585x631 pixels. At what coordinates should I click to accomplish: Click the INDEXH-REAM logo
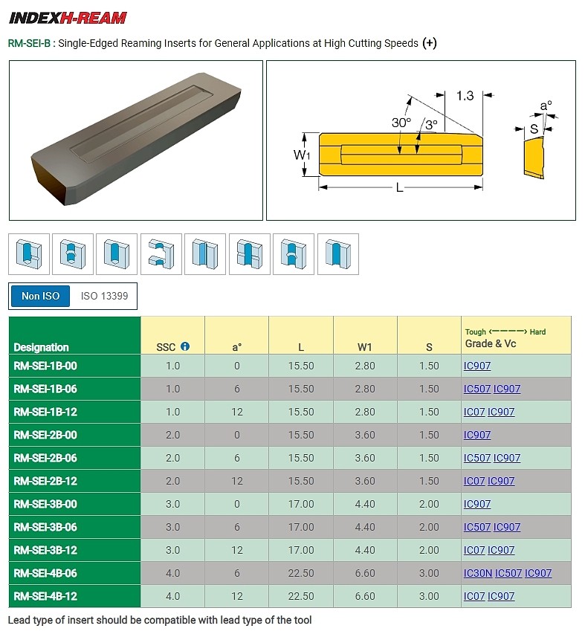[x=68, y=18]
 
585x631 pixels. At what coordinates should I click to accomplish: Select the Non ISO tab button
[x=40, y=296]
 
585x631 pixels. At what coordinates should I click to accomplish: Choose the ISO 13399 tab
[x=104, y=296]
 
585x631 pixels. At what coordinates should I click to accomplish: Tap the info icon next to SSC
[x=185, y=346]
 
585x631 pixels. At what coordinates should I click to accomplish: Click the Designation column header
[x=41, y=347]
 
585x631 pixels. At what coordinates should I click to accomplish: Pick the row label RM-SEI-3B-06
[x=45, y=527]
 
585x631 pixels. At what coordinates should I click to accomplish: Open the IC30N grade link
[x=477, y=573]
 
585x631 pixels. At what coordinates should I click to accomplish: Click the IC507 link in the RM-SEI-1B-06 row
[x=476, y=389]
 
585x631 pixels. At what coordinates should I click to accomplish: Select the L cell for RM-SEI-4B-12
[x=301, y=596]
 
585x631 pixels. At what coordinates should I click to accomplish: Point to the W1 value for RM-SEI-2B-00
[x=365, y=435]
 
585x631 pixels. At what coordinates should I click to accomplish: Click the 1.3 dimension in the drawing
[x=465, y=96]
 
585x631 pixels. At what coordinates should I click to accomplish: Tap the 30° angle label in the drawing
[x=401, y=122]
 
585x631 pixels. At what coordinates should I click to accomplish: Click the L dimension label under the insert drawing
[x=399, y=188]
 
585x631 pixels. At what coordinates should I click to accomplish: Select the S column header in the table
[x=429, y=346]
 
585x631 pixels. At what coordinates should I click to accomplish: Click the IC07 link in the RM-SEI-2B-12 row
[x=474, y=481]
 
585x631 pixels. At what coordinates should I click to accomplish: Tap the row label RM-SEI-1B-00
[x=45, y=366]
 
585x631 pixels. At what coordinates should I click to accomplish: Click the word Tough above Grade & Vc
[x=475, y=331]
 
